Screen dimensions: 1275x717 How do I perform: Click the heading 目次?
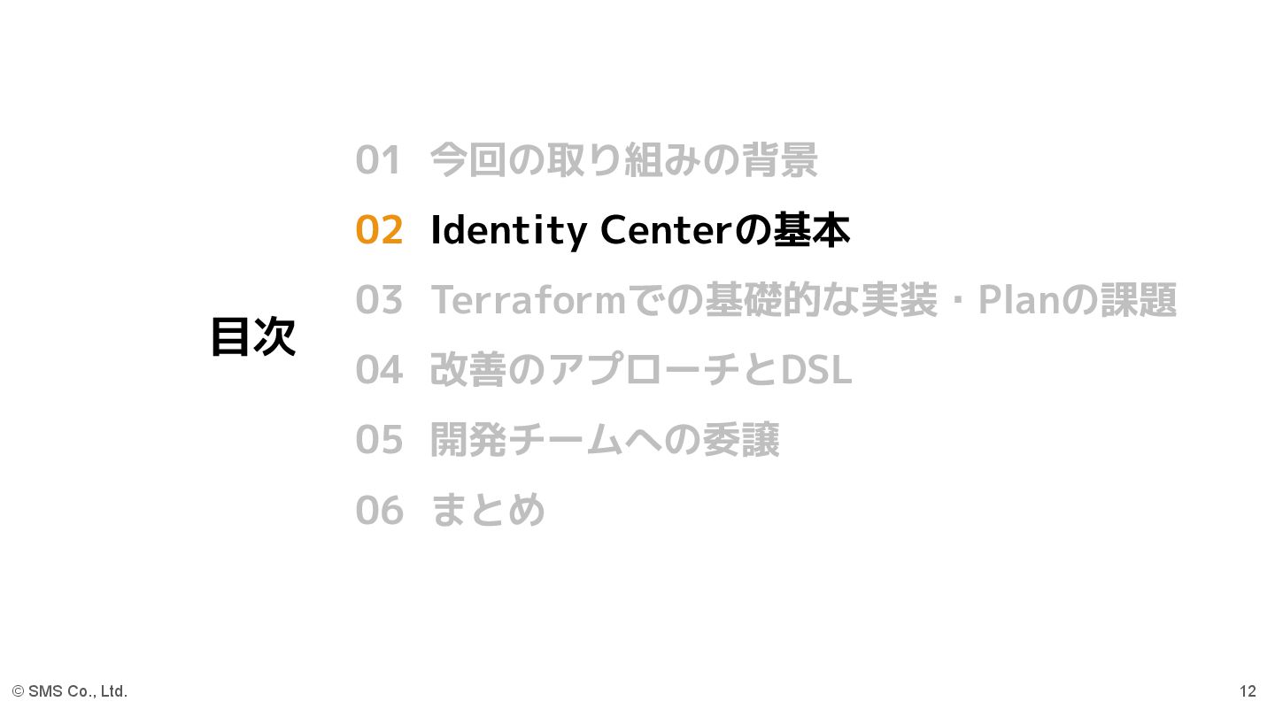coord(252,337)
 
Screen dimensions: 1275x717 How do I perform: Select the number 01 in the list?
coord(379,161)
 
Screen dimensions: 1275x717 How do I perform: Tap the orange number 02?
coord(379,230)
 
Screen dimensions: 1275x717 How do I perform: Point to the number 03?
coord(379,300)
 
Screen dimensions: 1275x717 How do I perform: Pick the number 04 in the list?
coord(379,370)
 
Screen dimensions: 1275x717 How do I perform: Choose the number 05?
coord(379,440)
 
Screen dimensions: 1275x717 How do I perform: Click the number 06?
coord(379,510)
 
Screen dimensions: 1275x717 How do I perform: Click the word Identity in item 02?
coord(508,231)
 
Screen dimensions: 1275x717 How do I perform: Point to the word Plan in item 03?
coord(1018,300)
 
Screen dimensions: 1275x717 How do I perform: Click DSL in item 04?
coord(815,370)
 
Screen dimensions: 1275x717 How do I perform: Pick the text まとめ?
coord(488,510)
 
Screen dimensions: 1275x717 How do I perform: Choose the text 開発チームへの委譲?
coord(605,440)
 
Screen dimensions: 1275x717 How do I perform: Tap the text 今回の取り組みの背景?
coord(623,161)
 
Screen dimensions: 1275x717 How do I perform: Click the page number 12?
coord(1248,691)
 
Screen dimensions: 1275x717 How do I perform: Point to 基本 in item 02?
coord(812,230)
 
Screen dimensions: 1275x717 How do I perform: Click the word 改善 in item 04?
coord(468,370)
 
